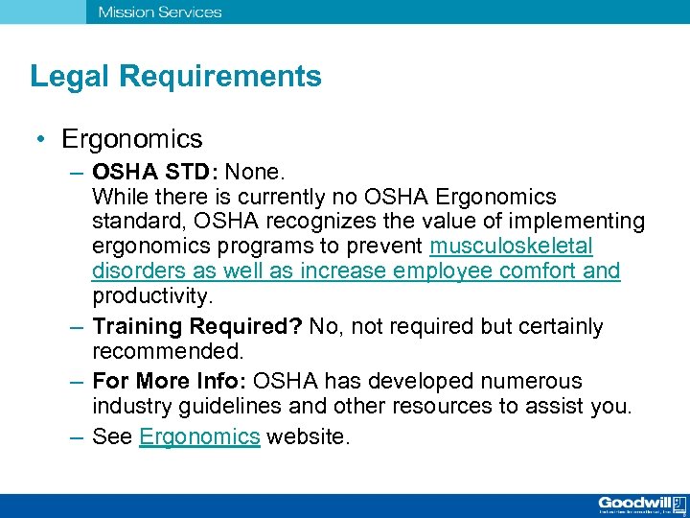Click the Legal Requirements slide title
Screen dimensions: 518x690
175,77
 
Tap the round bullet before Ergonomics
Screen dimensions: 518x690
43,140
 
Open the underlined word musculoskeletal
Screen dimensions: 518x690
511,247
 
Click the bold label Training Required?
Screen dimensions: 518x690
197,327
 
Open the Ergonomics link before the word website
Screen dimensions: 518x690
199,437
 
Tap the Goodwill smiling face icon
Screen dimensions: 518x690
679,504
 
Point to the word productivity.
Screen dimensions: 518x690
151,295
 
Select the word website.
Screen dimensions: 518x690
309,437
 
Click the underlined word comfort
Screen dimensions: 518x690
540,271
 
